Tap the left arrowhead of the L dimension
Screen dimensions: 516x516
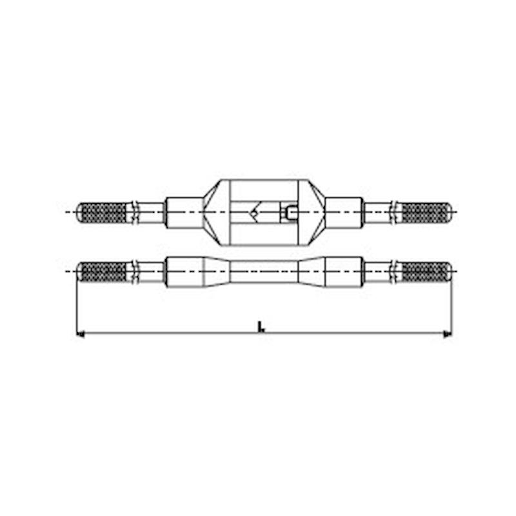[x=80, y=334]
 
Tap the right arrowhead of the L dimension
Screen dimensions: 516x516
[x=448, y=334]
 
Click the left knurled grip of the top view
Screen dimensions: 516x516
[x=103, y=212]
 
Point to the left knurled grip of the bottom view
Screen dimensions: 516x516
[x=103, y=272]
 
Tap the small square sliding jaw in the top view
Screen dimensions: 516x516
[x=290, y=212]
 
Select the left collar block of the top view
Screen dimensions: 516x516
[x=184, y=213]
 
